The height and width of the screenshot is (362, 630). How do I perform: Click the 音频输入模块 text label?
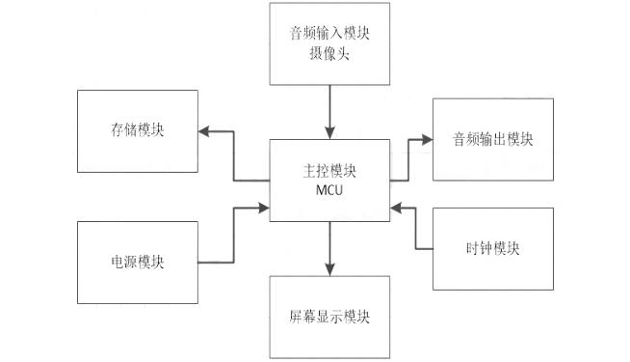point(329,33)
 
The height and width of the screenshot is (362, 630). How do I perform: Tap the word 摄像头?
point(329,54)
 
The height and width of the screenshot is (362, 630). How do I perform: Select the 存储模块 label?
point(138,130)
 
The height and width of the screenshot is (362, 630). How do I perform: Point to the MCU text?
point(329,188)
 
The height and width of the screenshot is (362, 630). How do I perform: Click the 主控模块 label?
point(329,170)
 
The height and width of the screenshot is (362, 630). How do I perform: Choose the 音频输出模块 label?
point(493,139)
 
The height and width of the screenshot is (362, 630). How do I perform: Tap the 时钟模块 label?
point(493,247)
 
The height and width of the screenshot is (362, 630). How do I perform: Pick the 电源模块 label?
point(138,262)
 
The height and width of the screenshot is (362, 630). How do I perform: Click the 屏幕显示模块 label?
point(329,317)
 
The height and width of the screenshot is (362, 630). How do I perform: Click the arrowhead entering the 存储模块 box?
point(203,130)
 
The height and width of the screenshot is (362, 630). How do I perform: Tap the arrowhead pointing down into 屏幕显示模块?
point(329,270)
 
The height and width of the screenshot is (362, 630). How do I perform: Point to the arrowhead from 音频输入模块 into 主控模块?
point(329,132)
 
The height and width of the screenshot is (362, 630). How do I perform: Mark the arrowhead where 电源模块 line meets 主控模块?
point(264,206)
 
